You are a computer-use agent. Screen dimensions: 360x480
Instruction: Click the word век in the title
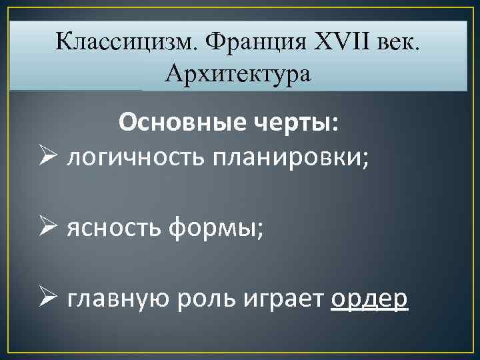pos(403,43)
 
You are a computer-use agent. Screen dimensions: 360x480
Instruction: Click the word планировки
pos(281,158)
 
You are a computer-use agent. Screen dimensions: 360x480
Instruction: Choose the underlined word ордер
pos(369,301)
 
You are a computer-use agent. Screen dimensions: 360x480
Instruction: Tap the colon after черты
pos(335,124)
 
